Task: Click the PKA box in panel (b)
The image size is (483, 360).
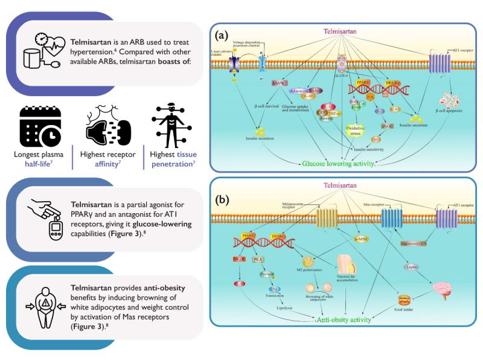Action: tap(258, 261)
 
